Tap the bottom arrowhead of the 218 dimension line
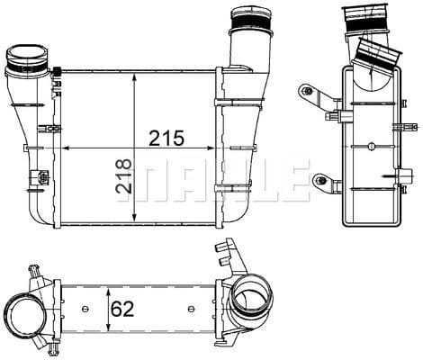(134, 221)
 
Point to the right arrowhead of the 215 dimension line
(217, 148)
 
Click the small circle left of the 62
(85, 310)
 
